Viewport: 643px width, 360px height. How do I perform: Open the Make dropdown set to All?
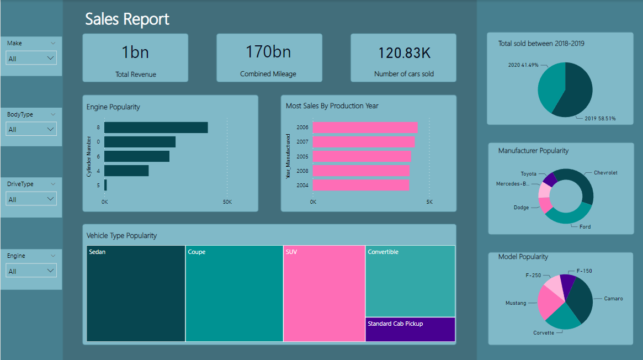click(x=31, y=58)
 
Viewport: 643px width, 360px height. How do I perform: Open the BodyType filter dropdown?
click(x=31, y=129)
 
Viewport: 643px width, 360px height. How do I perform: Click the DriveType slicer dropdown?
click(x=31, y=199)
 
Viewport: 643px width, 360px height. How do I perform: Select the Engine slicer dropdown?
click(x=31, y=271)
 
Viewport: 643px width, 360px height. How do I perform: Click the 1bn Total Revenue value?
click(x=135, y=52)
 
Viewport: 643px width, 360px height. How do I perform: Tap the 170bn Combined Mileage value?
click(x=268, y=52)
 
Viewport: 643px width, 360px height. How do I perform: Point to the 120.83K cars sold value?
click(x=403, y=53)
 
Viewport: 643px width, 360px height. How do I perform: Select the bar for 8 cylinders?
click(x=156, y=128)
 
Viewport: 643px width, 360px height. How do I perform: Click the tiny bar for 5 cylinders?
click(x=105, y=185)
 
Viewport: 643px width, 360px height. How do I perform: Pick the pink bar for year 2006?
click(x=364, y=128)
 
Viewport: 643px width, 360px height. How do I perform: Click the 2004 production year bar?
click(x=360, y=185)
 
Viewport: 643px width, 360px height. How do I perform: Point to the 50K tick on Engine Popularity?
click(x=227, y=202)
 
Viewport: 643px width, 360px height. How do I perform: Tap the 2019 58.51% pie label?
click(x=600, y=118)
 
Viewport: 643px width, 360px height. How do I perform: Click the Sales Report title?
click(x=127, y=19)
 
